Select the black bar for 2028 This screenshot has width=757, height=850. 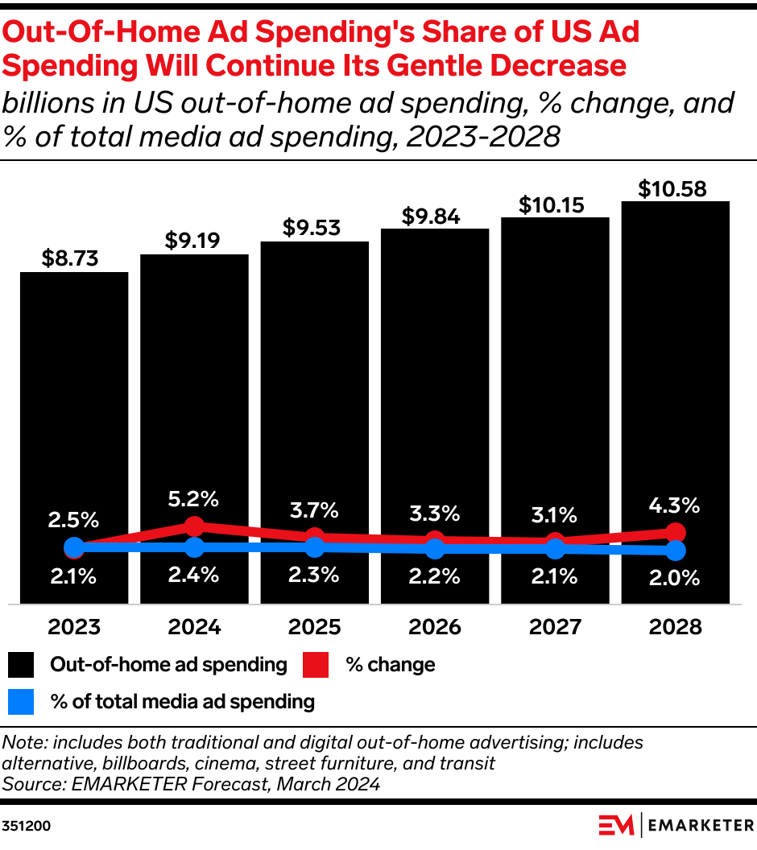(x=675, y=362)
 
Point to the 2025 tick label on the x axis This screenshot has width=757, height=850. (x=315, y=627)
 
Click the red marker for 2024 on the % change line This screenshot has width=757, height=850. (x=194, y=526)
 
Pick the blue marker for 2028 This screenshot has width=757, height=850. (x=676, y=551)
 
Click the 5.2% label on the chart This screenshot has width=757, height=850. (x=194, y=499)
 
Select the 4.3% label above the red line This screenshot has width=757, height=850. (x=676, y=506)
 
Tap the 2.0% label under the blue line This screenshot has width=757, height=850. (x=676, y=577)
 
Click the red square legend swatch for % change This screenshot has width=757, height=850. (x=316, y=665)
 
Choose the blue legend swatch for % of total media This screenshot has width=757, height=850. (x=22, y=702)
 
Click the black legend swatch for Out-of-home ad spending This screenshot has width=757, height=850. (x=22, y=665)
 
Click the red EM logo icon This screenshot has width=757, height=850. (x=615, y=826)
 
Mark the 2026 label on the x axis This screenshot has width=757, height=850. (x=435, y=627)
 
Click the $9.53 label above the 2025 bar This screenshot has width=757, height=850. (x=315, y=227)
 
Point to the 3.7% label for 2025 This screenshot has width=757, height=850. (x=315, y=510)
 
